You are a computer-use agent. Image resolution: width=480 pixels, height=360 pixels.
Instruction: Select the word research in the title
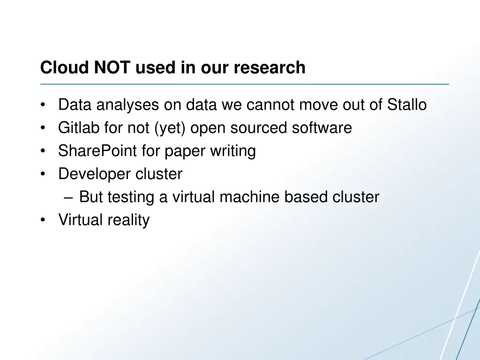click(x=270, y=68)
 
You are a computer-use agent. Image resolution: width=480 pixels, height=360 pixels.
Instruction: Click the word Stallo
click(x=407, y=105)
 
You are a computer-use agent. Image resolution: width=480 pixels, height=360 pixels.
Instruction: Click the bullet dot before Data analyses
click(x=43, y=105)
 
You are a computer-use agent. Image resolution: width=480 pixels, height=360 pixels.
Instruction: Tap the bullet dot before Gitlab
click(x=43, y=128)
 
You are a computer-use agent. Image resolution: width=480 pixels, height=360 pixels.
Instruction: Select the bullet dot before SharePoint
click(x=43, y=151)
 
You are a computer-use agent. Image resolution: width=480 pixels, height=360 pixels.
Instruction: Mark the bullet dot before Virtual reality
click(x=43, y=220)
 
